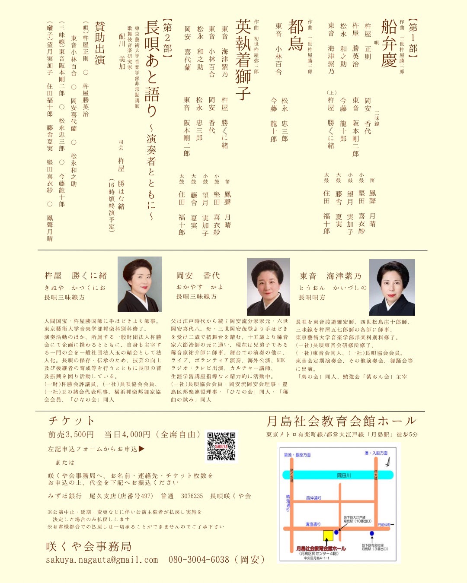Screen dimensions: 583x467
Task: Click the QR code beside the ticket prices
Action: (221, 447)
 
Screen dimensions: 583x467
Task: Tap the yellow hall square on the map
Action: (328, 535)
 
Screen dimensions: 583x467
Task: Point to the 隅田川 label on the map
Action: (344, 475)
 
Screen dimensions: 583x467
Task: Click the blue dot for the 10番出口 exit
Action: (336, 532)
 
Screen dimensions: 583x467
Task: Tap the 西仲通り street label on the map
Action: (314, 498)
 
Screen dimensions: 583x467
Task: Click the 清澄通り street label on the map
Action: (313, 524)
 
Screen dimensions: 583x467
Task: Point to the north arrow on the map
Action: (388, 462)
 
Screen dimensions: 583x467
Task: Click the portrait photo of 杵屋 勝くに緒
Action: (139, 284)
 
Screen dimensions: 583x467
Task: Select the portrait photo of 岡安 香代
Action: (268, 287)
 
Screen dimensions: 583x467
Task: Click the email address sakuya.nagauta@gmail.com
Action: (102, 560)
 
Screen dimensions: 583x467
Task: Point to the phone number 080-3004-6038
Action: (199, 560)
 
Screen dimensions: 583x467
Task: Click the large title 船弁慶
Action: (389, 43)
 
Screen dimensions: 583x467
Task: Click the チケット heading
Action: (71, 421)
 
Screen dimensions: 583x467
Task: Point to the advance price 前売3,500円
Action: (71, 434)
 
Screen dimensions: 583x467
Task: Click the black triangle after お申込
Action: (141, 449)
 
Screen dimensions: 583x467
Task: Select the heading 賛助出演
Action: (100, 43)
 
